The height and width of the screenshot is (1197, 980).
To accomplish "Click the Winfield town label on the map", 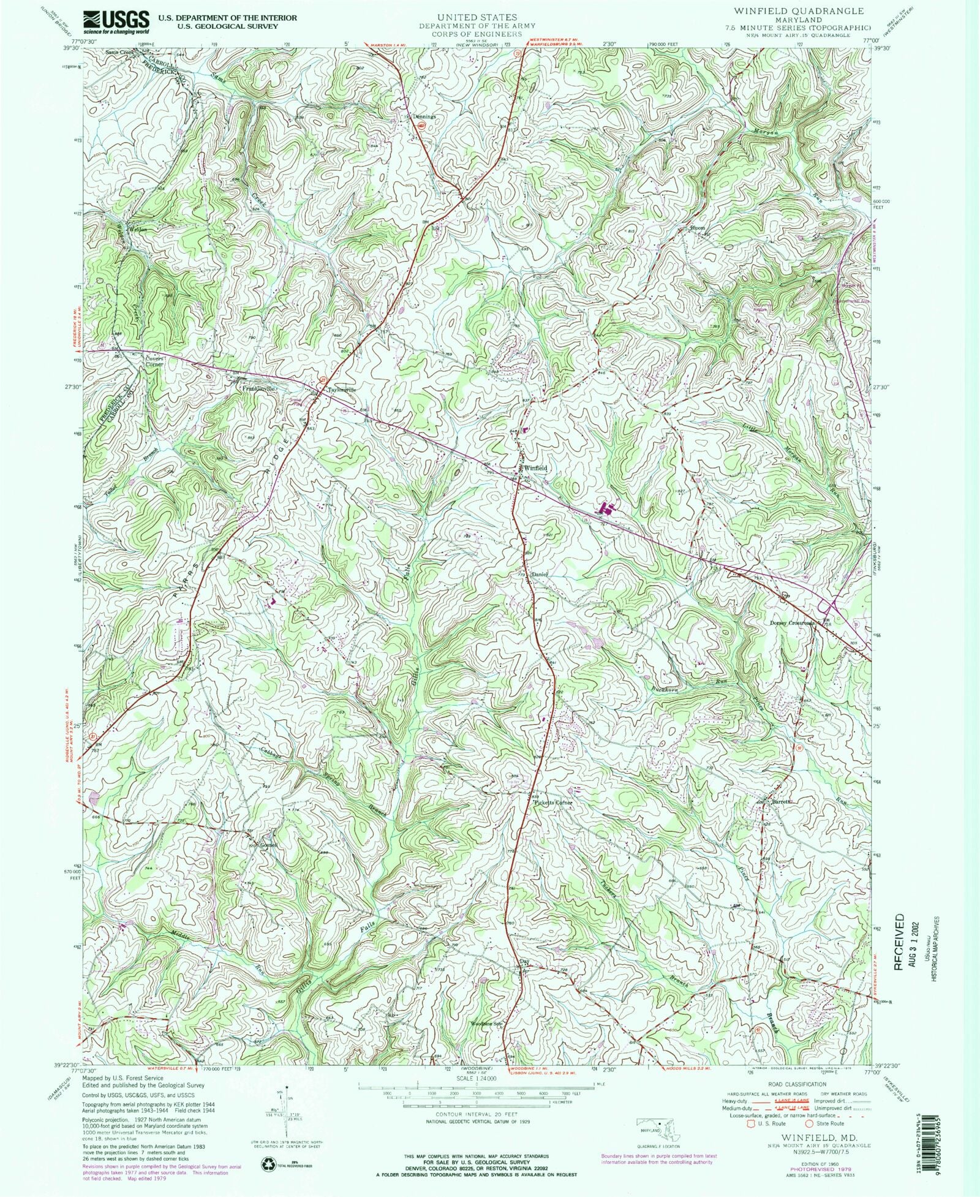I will click(535, 468).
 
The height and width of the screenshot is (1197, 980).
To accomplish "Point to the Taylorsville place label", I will click(341, 390).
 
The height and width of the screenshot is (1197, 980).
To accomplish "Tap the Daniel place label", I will click(538, 574).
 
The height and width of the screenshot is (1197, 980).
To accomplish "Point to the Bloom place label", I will click(698, 228).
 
